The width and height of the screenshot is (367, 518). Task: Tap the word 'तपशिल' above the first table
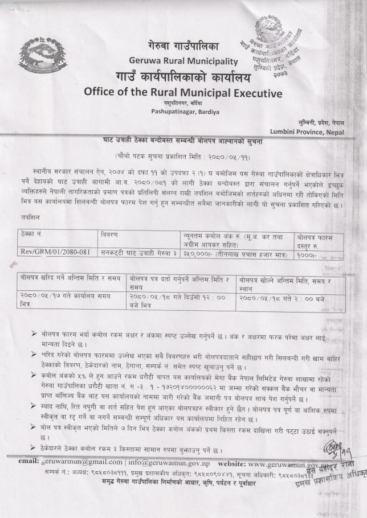29,217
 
